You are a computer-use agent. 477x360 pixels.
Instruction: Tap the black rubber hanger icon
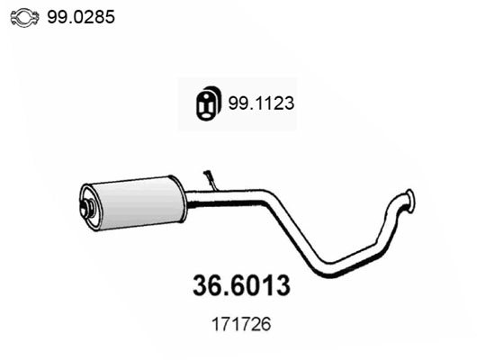point(209,103)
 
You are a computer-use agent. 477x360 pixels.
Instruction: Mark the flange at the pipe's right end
point(409,201)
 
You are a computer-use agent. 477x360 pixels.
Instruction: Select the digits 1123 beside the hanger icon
point(274,103)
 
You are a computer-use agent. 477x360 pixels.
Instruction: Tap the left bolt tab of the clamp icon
point(9,15)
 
